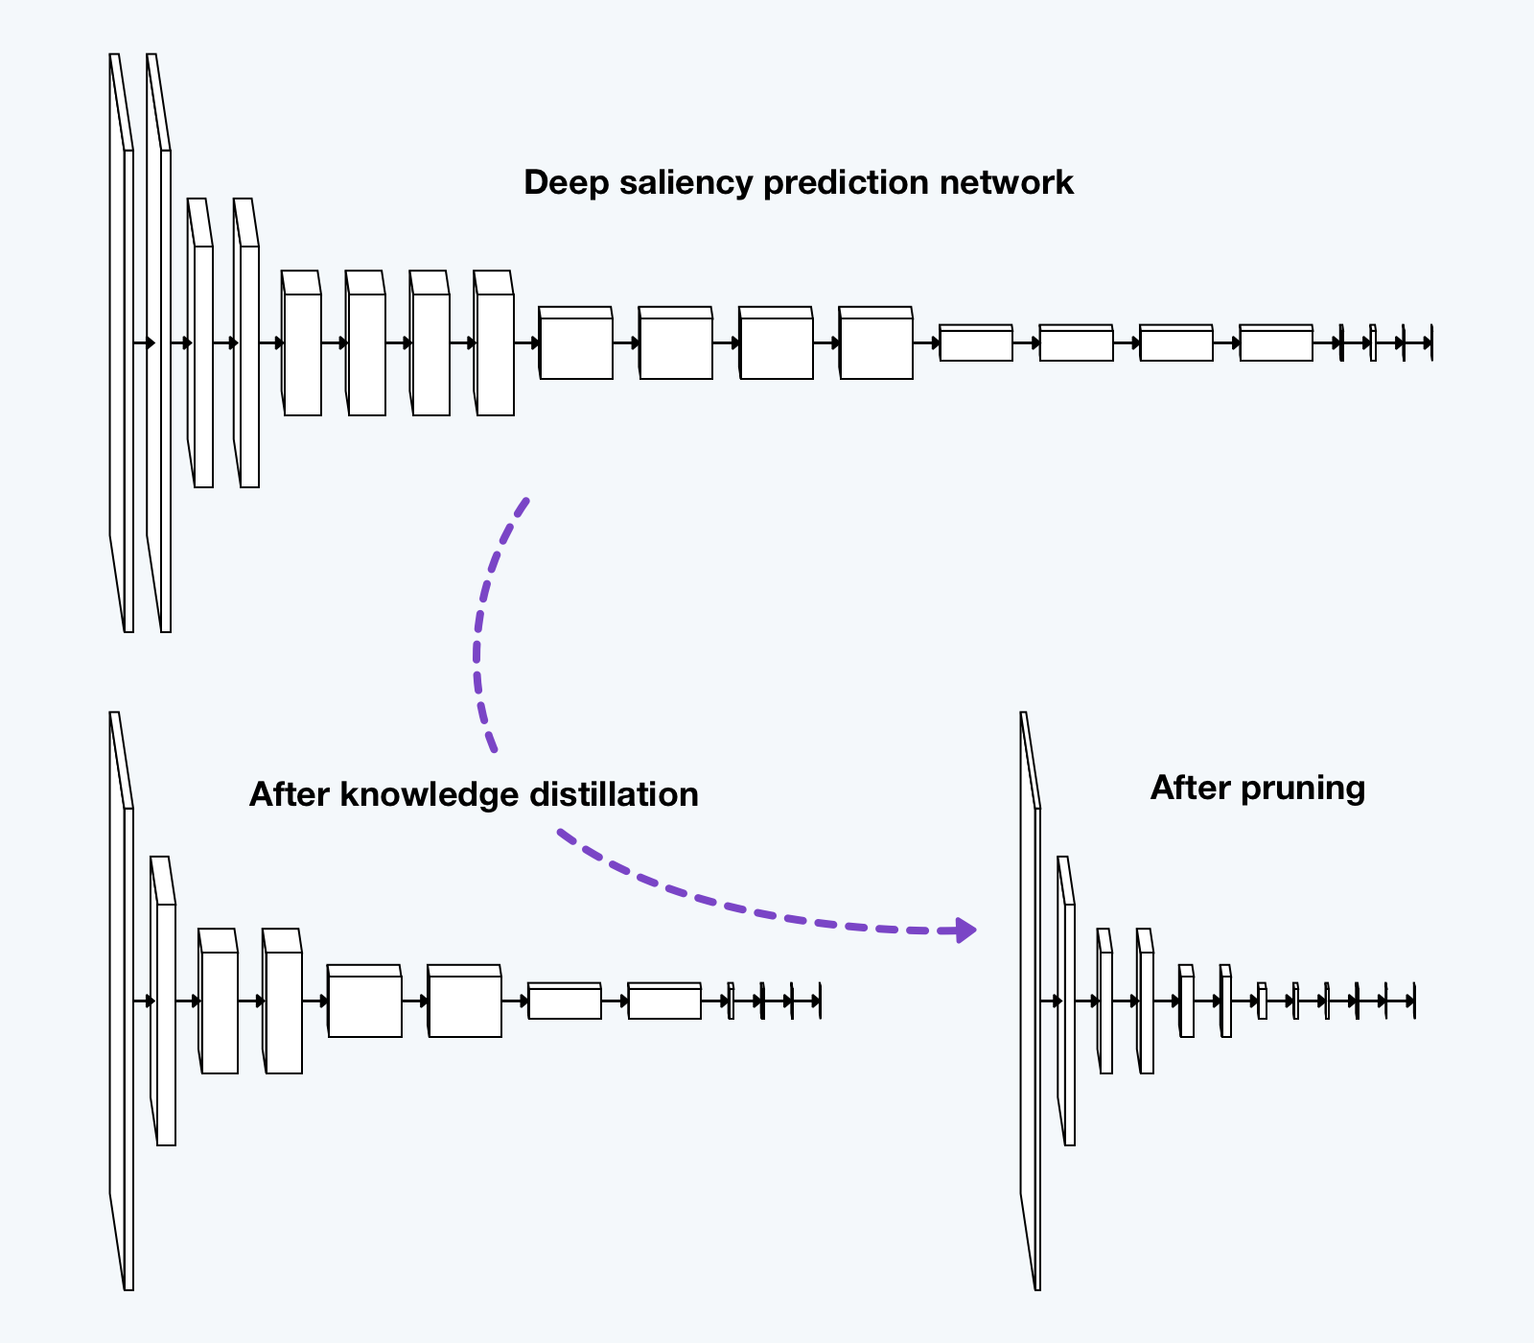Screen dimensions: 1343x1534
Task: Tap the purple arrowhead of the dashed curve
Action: pos(965,930)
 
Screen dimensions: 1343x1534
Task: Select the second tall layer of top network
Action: pos(165,384)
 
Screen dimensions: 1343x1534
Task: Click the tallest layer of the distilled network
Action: pos(128,1046)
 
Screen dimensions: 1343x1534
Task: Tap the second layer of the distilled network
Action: pos(166,1022)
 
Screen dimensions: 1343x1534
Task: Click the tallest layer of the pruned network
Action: pos(1036,1046)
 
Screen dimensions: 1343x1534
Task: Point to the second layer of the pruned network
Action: pos(1069,1022)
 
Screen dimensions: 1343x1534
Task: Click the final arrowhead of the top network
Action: pos(1429,342)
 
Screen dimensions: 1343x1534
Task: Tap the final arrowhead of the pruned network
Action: pos(1411,1001)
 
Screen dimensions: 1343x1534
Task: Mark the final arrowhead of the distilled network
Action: pos(817,1001)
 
